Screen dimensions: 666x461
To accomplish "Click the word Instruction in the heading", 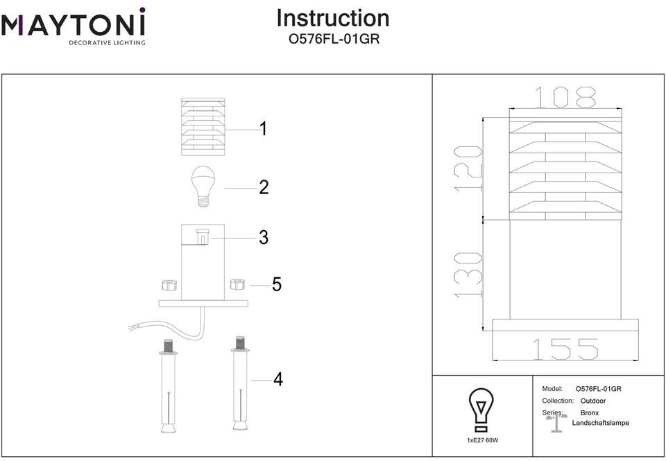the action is tap(333, 18).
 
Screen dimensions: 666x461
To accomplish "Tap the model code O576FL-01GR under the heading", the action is tap(334, 39).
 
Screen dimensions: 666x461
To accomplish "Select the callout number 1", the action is tap(264, 129).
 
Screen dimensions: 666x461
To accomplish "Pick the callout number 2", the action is tap(264, 188).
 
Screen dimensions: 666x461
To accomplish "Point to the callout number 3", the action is tap(264, 238).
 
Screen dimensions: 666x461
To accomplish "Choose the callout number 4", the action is tap(278, 379).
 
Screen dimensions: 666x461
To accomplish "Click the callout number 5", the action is tap(277, 284).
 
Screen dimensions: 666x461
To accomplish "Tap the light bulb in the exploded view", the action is tap(203, 186).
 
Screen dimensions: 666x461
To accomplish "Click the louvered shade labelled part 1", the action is tap(203, 127).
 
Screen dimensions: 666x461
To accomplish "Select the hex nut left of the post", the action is tap(169, 284).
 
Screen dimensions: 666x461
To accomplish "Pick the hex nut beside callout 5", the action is tap(238, 284).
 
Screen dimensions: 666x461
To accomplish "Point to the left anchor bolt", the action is tap(169, 385).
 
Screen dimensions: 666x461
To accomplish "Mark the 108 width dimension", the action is tap(565, 97).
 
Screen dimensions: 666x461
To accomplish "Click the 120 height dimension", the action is tap(468, 168).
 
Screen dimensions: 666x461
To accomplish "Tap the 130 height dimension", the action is tap(468, 275).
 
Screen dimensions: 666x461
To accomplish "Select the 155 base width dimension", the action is tap(565, 349).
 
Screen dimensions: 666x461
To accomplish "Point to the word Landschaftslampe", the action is tap(600, 423).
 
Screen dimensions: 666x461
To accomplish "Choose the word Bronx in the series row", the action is tap(590, 412).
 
